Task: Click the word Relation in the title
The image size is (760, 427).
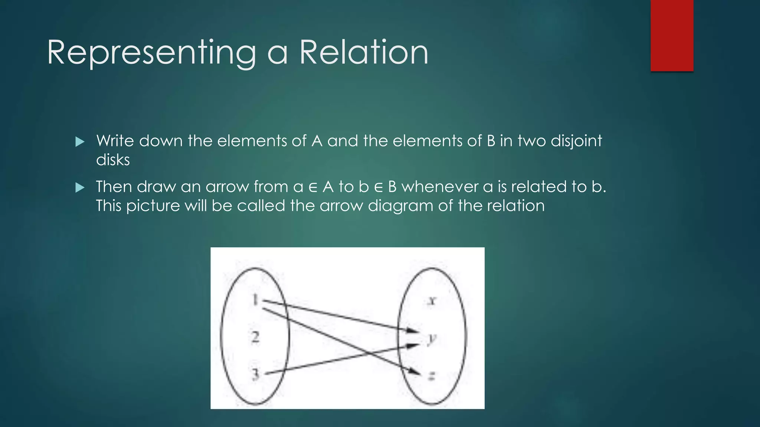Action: pyautogui.click(x=364, y=53)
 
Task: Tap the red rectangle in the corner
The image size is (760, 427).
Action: pyautogui.click(x=672, y=35)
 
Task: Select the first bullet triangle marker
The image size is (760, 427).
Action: pyautogui.click(x=80, y=142)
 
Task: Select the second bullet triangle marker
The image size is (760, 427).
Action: pyautogui.click(x=80, y=188)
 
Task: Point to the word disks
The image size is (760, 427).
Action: pyautogui.click(x=113, y=160)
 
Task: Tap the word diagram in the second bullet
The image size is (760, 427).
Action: pyautogui.click(x=400, y=206)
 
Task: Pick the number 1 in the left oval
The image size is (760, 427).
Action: pyautogui.click(x=255, y=299)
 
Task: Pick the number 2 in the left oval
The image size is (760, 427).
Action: pyautogui.click(x=255, y=337)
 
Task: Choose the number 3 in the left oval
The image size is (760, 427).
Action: pyautogui.click(x=255, y=374)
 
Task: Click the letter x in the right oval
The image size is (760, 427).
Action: pyautogui.click(x=432, y=301)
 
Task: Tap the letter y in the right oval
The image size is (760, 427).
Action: pyautogui.click(x=432, y=338)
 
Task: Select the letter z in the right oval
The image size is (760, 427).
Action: pyautogui.click(x=432, y=377)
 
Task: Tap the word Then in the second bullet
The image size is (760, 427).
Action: pyautogui.click(x=114, y=187)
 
